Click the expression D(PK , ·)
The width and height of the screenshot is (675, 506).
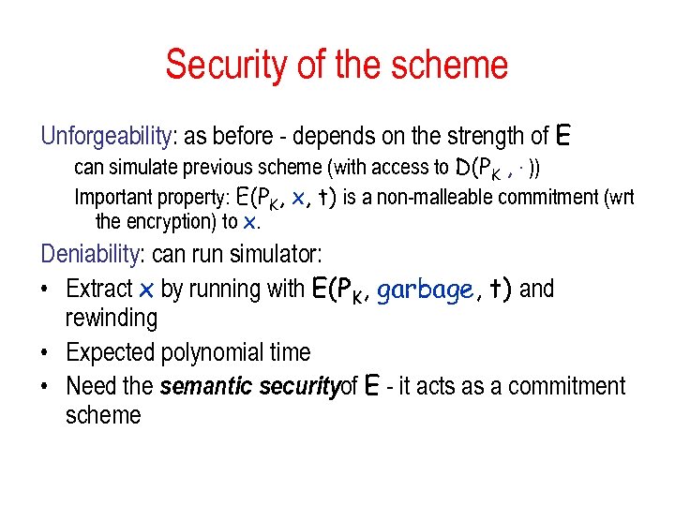click(495, 169)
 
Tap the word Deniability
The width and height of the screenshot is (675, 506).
click(91, 254)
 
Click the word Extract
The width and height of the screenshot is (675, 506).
click(98, 289)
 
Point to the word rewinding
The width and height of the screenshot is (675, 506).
click(111, 319)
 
